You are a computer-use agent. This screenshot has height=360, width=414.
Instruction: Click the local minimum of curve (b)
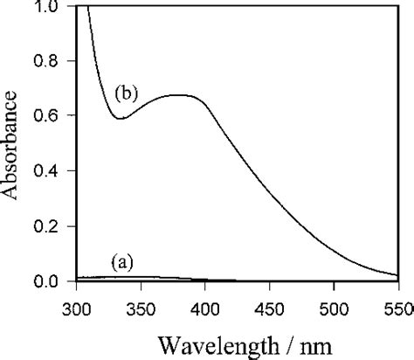click(x=120, y=118)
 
